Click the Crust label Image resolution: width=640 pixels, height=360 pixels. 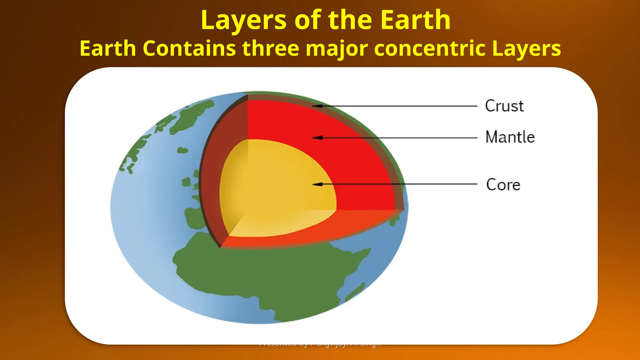coord(504,106)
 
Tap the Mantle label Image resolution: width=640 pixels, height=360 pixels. coord(510,137)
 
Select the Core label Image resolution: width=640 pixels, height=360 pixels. coord(503,185)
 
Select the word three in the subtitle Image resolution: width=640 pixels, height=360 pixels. coord(270,48)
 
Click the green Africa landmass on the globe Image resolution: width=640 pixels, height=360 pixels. coord(266,275)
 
